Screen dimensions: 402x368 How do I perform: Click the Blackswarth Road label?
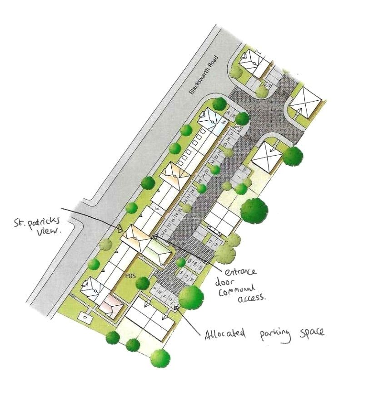pyautogui.click(x=204, y=75)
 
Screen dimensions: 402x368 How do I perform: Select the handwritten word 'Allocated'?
pyautogui.click(x=225, y=334)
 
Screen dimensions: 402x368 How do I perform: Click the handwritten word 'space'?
pyautogui.click(x=311, y=333)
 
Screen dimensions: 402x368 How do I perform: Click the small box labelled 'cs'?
pyautogui.click(x=85, y=316)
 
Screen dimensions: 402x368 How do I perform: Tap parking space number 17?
pyautogui.click(x=211, y=242)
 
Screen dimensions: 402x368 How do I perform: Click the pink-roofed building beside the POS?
pyautogui.click(x=112, y=309)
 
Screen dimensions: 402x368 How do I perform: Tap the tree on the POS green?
pyautogui.click(x=142, y=283)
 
